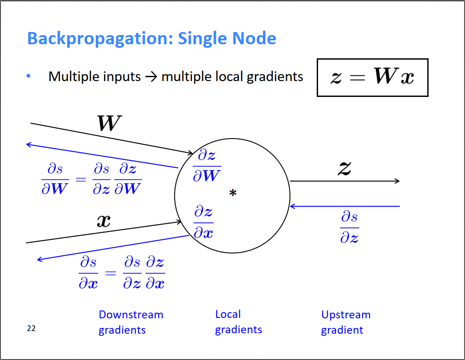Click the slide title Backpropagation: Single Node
152,39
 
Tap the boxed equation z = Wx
372,78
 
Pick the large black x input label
104,220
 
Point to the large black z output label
344,168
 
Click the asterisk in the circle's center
233,193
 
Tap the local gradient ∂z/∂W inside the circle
207,165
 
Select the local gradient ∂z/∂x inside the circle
204,223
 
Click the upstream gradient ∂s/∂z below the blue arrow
349,227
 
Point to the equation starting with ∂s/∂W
91,179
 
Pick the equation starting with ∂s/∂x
122,273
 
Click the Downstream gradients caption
131,322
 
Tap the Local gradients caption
238,322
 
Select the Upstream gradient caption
346,322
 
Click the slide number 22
31,328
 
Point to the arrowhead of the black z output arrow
397,181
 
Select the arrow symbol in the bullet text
151,77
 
